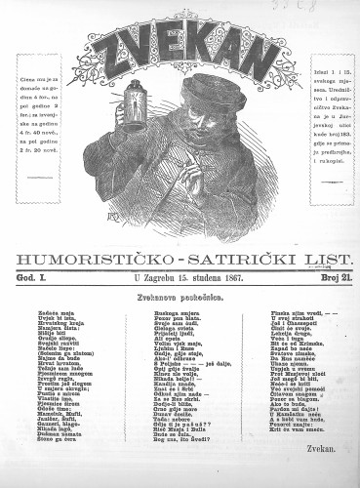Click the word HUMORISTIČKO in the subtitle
(98, 259)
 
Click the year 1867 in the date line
(230, 279)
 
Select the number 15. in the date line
(174, 279)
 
